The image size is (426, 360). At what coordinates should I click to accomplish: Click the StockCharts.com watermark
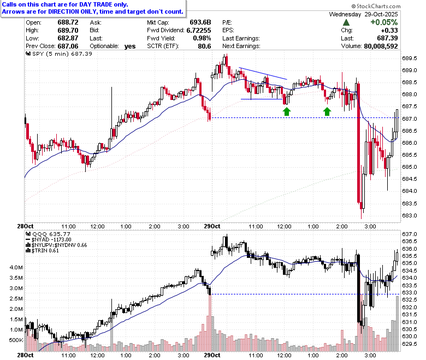point(376,6)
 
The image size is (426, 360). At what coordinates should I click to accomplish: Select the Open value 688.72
point(68,22)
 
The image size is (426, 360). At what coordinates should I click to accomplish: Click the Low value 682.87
point(68,38)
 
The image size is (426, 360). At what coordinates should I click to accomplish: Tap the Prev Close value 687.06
point(68,46)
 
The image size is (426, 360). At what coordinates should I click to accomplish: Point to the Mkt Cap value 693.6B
point(200,22)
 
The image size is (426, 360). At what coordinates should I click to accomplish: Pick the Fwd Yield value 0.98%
point(202,38)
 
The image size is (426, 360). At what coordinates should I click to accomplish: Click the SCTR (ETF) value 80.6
point(205,46)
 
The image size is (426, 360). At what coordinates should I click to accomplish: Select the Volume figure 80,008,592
point(381,46)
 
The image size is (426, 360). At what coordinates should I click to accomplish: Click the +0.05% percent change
point(384,22)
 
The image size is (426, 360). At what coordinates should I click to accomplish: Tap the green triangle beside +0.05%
point(346,22)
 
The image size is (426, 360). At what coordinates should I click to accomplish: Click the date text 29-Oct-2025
point(381,14)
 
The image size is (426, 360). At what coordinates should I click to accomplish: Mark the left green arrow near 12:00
point(287,111)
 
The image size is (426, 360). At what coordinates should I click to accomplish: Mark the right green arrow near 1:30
point(327,111)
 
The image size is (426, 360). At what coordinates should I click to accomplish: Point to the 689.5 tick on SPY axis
point(410,58)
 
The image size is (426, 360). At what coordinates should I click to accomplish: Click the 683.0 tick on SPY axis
point(410,216)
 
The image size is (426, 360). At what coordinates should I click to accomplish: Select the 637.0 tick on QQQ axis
point(410,234)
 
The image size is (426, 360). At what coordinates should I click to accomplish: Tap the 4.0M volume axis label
point(16,267)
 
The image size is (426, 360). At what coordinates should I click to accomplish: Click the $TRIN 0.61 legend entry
point(43,251)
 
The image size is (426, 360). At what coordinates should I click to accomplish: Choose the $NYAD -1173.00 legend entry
point(49,240)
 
